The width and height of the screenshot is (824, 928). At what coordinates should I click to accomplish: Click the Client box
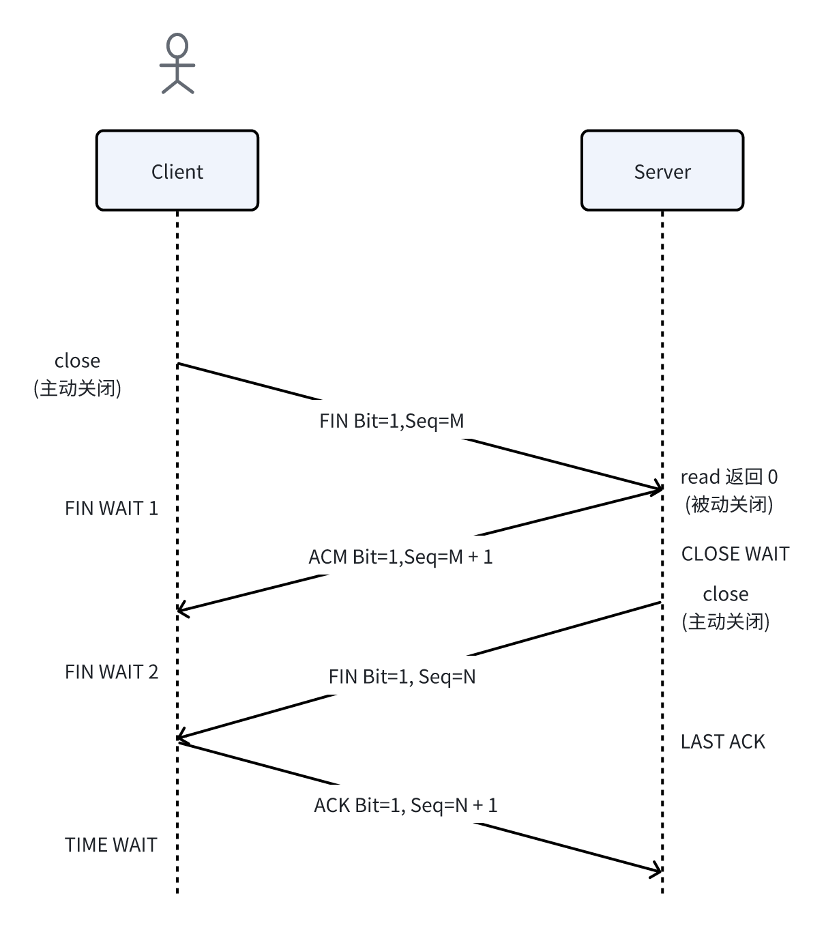click(x=177, y=171)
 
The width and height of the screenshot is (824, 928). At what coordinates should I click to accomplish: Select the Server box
click(x=662, y=171)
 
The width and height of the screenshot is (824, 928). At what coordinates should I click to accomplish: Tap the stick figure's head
click(x=177, y=46)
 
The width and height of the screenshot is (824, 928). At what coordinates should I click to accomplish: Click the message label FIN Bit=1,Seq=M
click(x=392, y=421)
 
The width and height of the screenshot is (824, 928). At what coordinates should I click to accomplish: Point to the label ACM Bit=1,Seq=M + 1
click(x=400, y=557)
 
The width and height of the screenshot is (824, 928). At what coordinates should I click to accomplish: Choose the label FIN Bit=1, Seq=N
click(x=402, y=676)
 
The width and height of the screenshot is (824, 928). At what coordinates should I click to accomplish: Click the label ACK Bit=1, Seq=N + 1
click(x=405, y=805)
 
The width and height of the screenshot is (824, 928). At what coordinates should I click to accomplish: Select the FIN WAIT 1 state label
click(x=111, y=508)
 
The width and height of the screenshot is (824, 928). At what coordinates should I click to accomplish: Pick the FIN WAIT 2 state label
click(x=111, y=672)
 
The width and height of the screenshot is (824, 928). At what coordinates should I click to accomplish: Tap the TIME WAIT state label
click(x=111, y=845)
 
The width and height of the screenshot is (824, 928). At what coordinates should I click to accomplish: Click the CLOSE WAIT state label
click(x=735, y=553)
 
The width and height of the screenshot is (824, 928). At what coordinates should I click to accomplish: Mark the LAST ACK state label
click(x=722, y=742)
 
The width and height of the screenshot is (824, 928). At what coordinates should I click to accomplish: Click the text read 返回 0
click(x=729, y=476)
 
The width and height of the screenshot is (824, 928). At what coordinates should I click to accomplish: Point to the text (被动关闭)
click(x=729, y=504)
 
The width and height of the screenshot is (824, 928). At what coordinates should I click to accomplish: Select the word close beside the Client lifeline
click(x=77, y=360)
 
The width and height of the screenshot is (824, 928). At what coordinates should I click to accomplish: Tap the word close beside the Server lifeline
click(x=725, y=594)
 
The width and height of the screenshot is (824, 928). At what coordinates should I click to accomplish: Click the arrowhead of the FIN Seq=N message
click(x=181, y=738)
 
